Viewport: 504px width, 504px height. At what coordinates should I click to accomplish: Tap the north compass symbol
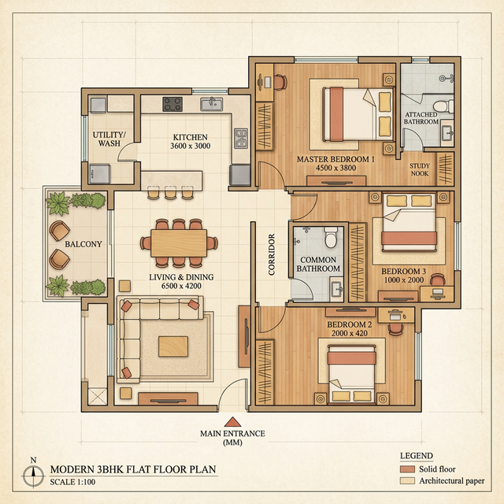[32, 475]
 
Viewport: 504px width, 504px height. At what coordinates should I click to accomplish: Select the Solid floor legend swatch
[407, 469]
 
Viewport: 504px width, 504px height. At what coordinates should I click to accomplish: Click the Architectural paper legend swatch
[407, 480]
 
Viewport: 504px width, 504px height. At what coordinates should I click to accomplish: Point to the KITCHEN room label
[191, 137]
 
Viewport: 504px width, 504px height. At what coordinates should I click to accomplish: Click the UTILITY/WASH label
[109, 139]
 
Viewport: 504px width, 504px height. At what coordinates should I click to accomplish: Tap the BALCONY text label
[83, 245]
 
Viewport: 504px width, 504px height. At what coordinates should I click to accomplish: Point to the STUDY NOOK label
[420, 169]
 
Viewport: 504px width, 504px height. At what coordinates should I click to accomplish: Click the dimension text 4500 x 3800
[334, 168]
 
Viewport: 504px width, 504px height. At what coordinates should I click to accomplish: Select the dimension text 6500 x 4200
[182, 287]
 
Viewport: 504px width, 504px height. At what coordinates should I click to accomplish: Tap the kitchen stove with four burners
[172, 103]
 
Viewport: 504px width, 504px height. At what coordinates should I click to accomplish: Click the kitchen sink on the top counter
[210, 103]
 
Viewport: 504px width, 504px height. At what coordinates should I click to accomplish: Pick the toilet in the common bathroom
[332, 235]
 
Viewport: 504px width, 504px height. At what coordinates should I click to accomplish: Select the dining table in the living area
[180, 243]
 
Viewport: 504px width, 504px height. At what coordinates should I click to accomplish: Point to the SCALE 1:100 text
[72, 482]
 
